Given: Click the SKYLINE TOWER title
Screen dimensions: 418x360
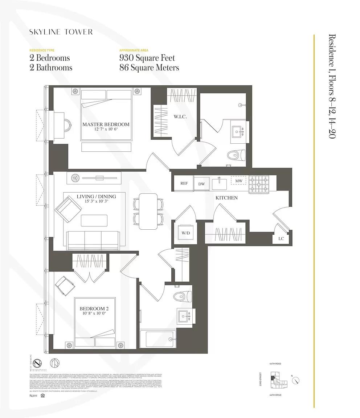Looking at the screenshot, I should (x=61, y=32).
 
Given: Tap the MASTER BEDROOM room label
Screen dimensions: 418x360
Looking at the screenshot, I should (x=106, y=124).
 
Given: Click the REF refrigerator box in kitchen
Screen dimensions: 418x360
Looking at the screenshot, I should (x=184, y=183).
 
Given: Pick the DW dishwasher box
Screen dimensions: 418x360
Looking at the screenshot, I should (x=201, y=184).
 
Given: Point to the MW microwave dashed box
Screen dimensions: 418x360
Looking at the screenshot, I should (x=238, y=181).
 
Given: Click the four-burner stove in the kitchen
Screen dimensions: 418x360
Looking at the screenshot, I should (x=259, y=184).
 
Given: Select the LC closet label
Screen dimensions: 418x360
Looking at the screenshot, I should (x=281, y=238).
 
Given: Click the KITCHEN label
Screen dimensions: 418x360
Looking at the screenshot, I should (x=226, y=198).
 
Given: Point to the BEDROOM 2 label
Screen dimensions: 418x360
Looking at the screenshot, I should (x=94, y=309).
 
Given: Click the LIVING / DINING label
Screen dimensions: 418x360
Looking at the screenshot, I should (x=96, y=197).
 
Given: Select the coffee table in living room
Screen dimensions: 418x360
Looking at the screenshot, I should (x=94, y=220).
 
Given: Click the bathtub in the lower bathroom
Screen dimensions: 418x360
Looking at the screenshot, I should (x=157, y=339).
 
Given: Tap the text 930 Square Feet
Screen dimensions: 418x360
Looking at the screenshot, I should (x=147, y=58).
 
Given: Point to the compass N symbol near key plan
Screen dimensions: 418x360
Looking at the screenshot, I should (x=296, y=381).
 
